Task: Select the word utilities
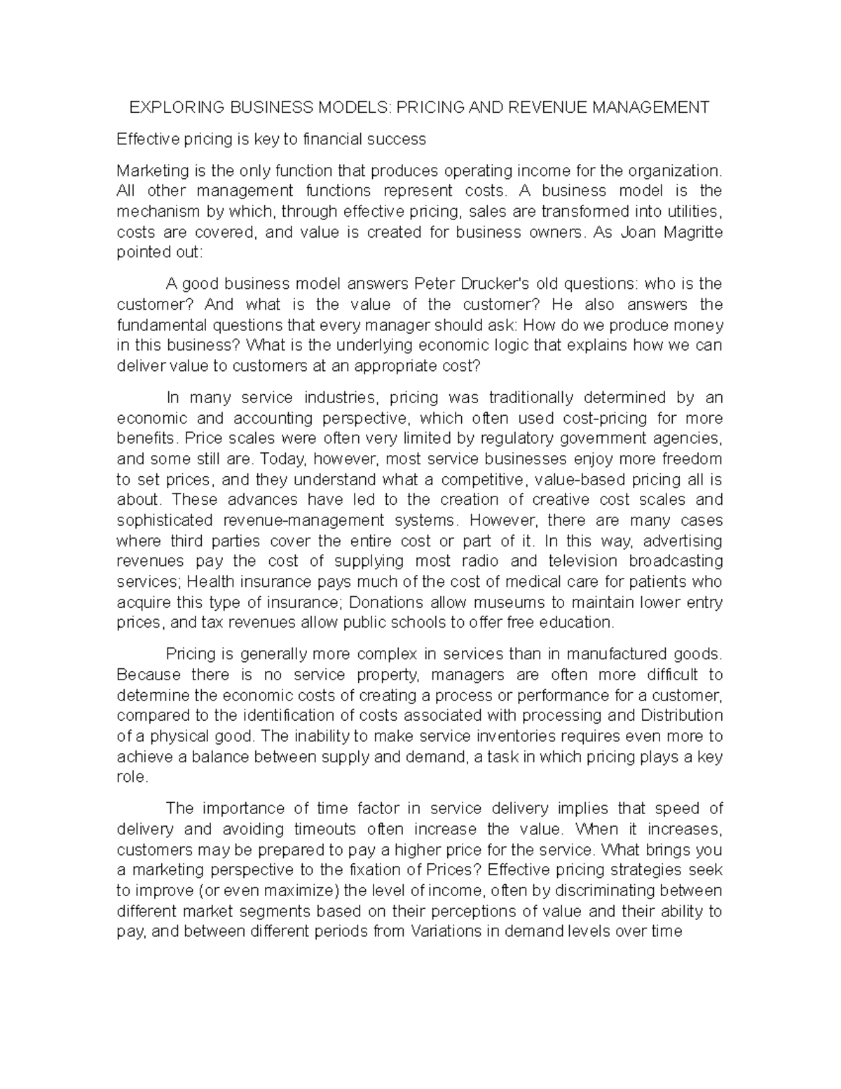(691, 212)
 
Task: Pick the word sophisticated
(165, 521)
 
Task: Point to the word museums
(509, 602)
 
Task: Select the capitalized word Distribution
(681, 716)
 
